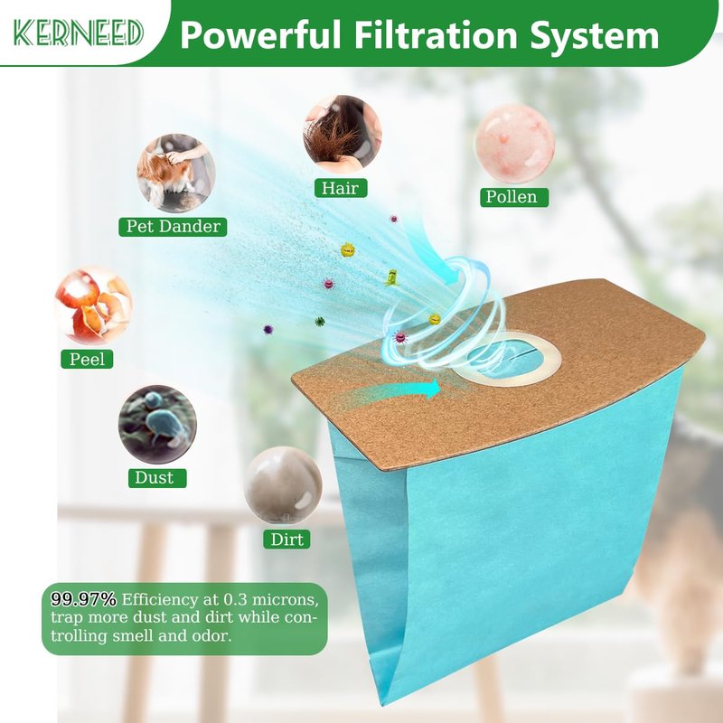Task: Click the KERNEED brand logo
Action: click(x=78, y=33)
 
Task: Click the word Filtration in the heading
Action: click(x=436, y=34)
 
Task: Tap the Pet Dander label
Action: click(x=173, y=227)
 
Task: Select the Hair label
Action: click(x=341, y=188)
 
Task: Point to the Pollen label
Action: click(x=513, y=197)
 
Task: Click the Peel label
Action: click(x=87, y=359)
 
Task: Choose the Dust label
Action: click(x=157, y=478)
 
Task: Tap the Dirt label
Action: click(x=286, y=539)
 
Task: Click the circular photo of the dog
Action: click(x=175, y=173)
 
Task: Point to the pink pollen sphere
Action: click(x=514, y=143)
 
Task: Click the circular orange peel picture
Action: click(x=94, y=306)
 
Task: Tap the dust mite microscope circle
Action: click(x=157, y=424)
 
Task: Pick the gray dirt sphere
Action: click(x=283, y=485)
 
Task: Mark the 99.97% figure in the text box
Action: click(x=83, y=599)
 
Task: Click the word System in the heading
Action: click(x=595, y=36)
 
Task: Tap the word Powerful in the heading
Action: click(x=260, y=34)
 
